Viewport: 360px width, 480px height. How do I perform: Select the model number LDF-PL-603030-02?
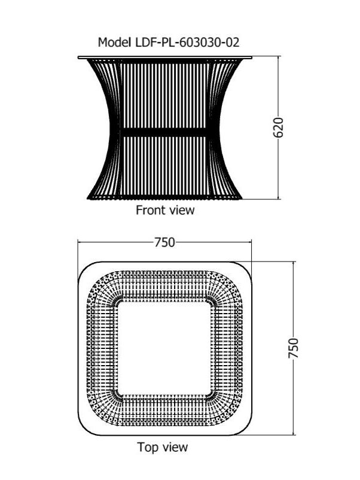point(187,42)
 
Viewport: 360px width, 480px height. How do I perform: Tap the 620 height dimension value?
point(278,127)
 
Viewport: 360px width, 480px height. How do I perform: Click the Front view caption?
point(165,210)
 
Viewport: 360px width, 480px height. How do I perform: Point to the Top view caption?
point(163,447)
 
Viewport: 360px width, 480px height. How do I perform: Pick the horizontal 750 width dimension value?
point(164,242)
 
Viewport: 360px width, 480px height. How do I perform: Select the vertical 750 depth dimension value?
point(293,348)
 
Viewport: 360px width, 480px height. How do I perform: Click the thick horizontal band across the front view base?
point(165,132)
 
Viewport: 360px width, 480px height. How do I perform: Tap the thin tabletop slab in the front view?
point(165,57)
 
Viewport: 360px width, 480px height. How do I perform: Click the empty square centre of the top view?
point(164,348)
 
